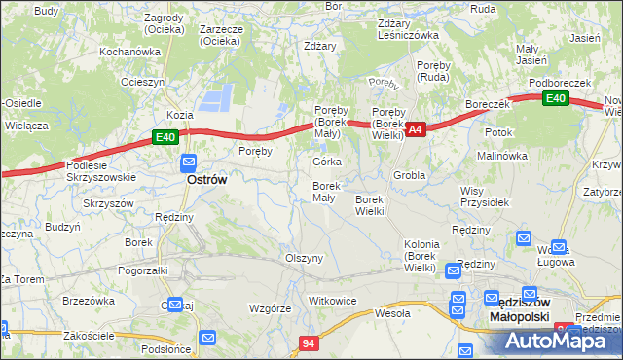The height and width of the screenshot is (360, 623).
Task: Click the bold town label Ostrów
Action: (206, 180)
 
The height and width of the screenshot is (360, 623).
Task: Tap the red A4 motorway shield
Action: (415, 128)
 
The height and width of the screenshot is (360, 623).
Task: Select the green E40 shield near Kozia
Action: (165, 138)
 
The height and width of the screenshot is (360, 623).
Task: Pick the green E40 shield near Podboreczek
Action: (556, 99)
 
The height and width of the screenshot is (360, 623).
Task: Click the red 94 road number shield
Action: (309, 343)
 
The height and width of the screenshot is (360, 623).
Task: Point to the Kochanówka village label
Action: (129, 51)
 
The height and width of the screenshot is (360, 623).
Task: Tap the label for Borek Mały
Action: (324, 192)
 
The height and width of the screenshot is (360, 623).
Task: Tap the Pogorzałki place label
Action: (142, 270)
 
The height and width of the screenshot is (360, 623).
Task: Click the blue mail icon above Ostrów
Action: (188, 162)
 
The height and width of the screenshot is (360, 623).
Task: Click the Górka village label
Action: (326, 162)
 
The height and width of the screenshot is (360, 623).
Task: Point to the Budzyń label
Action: (62, 227)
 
